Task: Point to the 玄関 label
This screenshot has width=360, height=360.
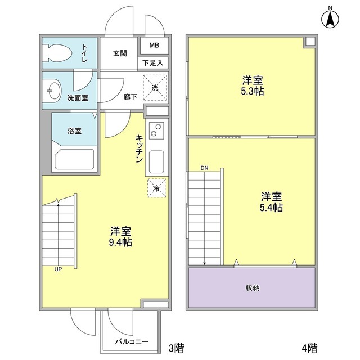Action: [119, 53]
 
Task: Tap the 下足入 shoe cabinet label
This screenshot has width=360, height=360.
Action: [153, 63]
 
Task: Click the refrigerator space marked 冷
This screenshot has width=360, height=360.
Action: [157, 188]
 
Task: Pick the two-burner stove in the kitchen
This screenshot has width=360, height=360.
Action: [156, 132]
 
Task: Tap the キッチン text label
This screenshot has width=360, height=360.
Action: [138, 148]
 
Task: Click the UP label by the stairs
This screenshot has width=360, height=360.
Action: [58, 269]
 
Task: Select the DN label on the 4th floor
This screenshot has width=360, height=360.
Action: [205, 168]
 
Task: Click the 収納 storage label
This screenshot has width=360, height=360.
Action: [252, 288]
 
